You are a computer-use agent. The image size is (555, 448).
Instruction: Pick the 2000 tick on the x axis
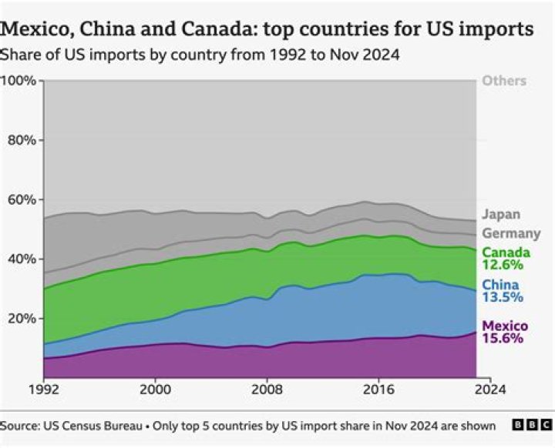[155, 390]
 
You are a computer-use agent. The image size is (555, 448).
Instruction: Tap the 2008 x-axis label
[267, 390]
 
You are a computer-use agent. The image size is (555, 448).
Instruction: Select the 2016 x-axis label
[379, 390]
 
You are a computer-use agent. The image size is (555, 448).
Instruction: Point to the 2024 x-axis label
[490, 390]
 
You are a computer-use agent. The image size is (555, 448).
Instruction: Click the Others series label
[504, 81]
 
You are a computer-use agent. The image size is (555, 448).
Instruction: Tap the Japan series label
[501, 215]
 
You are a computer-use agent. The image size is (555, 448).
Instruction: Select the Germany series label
[511, 234]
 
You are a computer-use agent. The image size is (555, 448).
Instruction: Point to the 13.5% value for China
[503, 297]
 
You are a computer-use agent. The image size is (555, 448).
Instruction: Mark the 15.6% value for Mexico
[503, 338]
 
